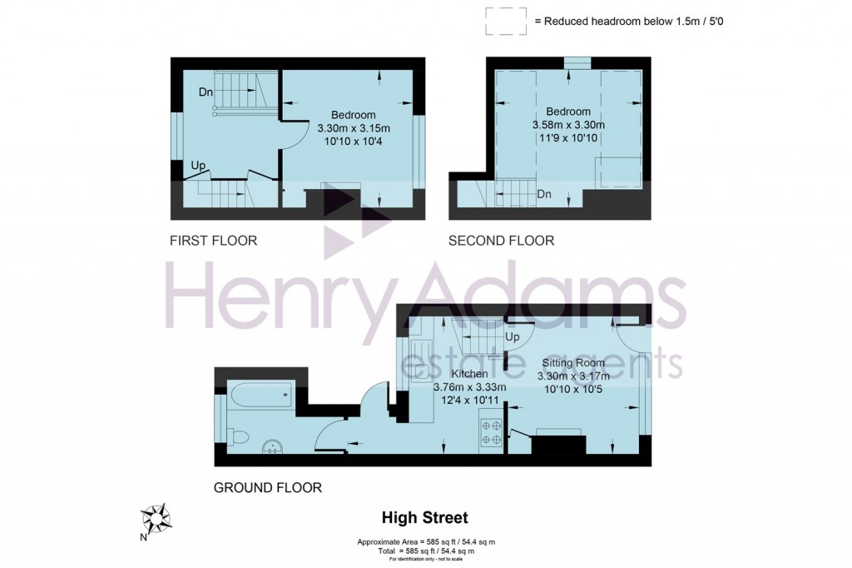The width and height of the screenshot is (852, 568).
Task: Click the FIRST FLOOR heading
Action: click(213, 241)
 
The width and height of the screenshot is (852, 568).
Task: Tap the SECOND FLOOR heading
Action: click(501, 241)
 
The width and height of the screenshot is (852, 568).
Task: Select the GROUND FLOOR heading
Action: click(268, 487)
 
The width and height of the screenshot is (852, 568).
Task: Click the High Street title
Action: click(425, 518)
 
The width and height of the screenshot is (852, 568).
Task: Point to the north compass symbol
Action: click(156, 519)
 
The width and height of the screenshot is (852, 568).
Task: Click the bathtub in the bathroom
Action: click(259, 395)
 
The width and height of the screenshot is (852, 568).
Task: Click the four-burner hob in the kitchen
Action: click(491, 431)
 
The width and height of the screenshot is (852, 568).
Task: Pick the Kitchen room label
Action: click(469, 374)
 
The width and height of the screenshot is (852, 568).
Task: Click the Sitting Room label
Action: click(573, 363)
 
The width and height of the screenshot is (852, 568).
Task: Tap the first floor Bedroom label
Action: click(354, 115)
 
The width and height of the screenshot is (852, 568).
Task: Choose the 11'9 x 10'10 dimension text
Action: click(568, 138)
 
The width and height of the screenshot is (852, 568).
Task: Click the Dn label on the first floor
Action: click(206, 92)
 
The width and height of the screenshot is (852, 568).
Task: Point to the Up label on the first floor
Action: click(198, 167)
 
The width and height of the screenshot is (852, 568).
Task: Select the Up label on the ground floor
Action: click(513, 338)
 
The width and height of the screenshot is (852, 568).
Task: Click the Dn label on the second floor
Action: click(544, 194)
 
